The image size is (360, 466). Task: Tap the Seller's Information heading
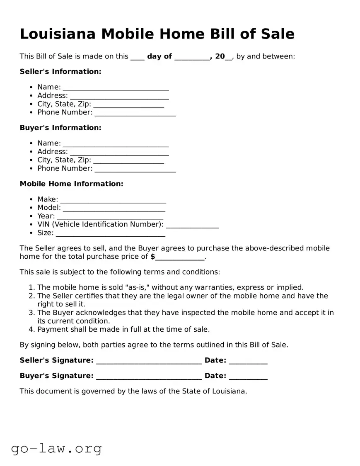pyautogui.click(x=60, y=72)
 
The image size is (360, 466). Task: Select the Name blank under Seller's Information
pyautogui.click(x=116, y=87)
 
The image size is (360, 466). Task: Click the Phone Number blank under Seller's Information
pyautogui.click(x=135, y=113)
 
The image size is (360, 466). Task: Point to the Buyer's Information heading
pyautogui.click(x=60, y=128)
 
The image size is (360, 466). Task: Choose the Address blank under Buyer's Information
pyautogui.click(x=119, y=152)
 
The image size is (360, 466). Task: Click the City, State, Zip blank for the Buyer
pyautogui.click(x=128, y=160)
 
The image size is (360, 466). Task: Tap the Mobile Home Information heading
pyautogui.click(x=71, y=184)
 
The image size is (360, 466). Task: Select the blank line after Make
pyautogui.click(x=113, y=200)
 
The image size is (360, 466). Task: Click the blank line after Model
pyautogui.click(x=114, y=208)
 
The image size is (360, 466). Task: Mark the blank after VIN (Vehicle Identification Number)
pyautogui.click(x=192, y=225)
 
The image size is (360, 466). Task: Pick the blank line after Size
pyautogui.click(x=110, y=233)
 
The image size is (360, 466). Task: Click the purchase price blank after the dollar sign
pyautogui.click(x=180, y=257)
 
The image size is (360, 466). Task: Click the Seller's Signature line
pyautogui.click(x=149, y=361)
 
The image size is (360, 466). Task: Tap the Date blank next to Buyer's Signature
pyautogui.click(x=248, y=376)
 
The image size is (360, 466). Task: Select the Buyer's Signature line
pyautogui.click(x=149, y=376)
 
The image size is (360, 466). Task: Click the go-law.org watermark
pyautogui.click(x=56, y=448)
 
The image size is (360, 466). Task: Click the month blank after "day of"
pyautogui.click(x=192, y=57)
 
